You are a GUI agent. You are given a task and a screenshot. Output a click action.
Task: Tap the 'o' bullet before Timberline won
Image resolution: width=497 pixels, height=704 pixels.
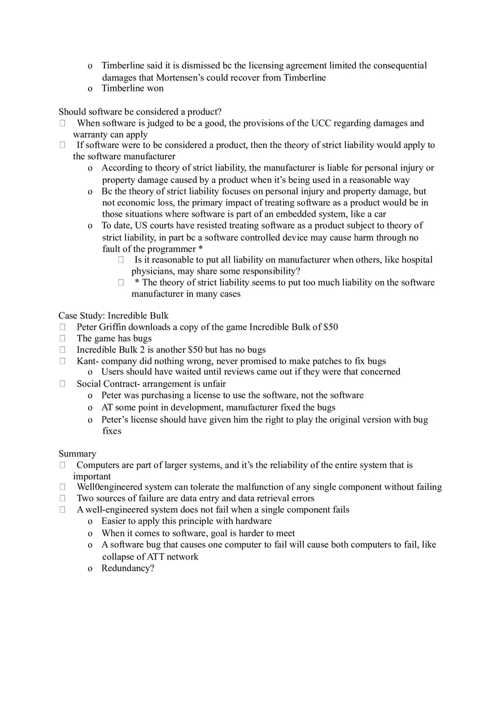tap(90, 89)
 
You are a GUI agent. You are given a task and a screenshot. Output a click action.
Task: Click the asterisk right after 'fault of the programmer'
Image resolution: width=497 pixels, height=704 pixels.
tap(200, 249)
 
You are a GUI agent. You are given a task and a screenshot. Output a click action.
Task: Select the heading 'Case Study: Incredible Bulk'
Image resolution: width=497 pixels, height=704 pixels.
tap(114, 316)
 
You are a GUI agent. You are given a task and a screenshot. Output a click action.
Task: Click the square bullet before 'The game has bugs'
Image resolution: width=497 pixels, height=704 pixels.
tap(63, 338)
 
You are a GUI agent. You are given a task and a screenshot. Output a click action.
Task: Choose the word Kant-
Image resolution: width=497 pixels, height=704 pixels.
tap(88, 361)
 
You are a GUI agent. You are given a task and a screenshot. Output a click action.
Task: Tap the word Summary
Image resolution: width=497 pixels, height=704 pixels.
tap(77, 453)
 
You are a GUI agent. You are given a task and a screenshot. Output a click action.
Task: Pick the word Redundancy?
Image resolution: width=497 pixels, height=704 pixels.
tap(128, 568)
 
